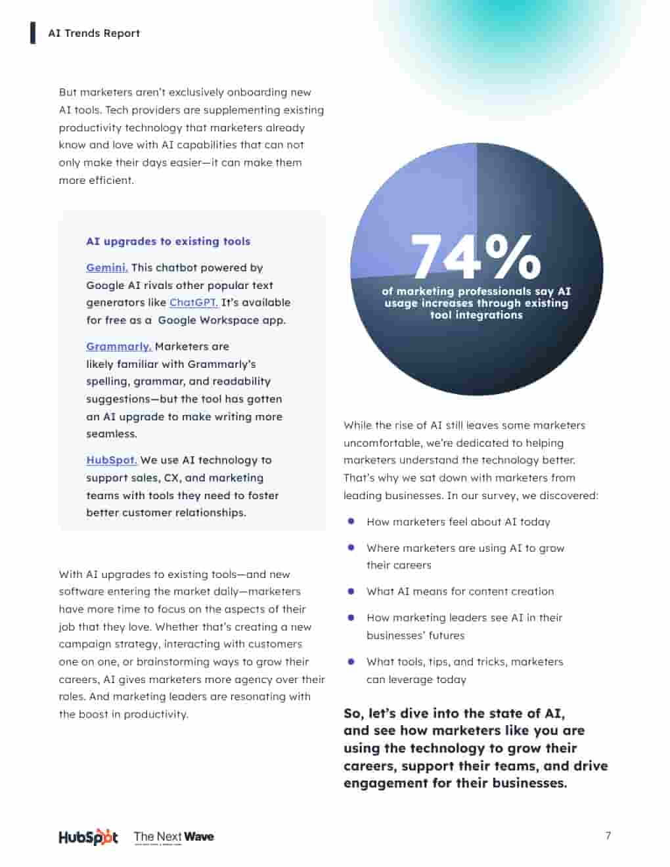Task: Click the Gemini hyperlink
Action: [x=107, y=268]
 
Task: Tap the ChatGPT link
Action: [x=193, y=303]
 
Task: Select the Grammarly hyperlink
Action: [x=119, y=347]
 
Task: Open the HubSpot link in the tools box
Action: [x=112, y=460]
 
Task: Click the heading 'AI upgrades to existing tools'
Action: [x=168, y=242]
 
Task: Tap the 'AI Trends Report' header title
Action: [x=94, y=33]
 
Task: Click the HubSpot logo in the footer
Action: [x=88, y=837]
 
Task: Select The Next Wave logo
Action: [x=174, y=837]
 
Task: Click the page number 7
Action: [x=608, y=836]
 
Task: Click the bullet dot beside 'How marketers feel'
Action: [x=351, y=522]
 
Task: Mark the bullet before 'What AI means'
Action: [x=351, y=591]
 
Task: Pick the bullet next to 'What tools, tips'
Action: [x=351, y=661]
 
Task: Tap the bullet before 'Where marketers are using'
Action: [x=351, y=548]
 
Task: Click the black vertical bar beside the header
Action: [x=33, y=33]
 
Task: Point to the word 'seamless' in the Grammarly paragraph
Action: [x=111, y=434]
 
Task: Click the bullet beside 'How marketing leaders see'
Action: [x=351, y=617]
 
